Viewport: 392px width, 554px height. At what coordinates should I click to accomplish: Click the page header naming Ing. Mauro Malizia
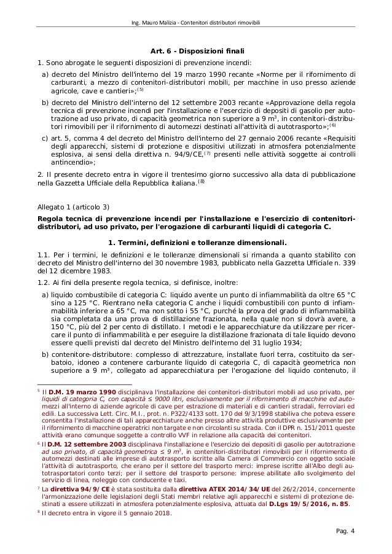coord(196,24)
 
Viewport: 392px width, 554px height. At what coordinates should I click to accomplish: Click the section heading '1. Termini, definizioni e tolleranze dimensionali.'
coord(196,242)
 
